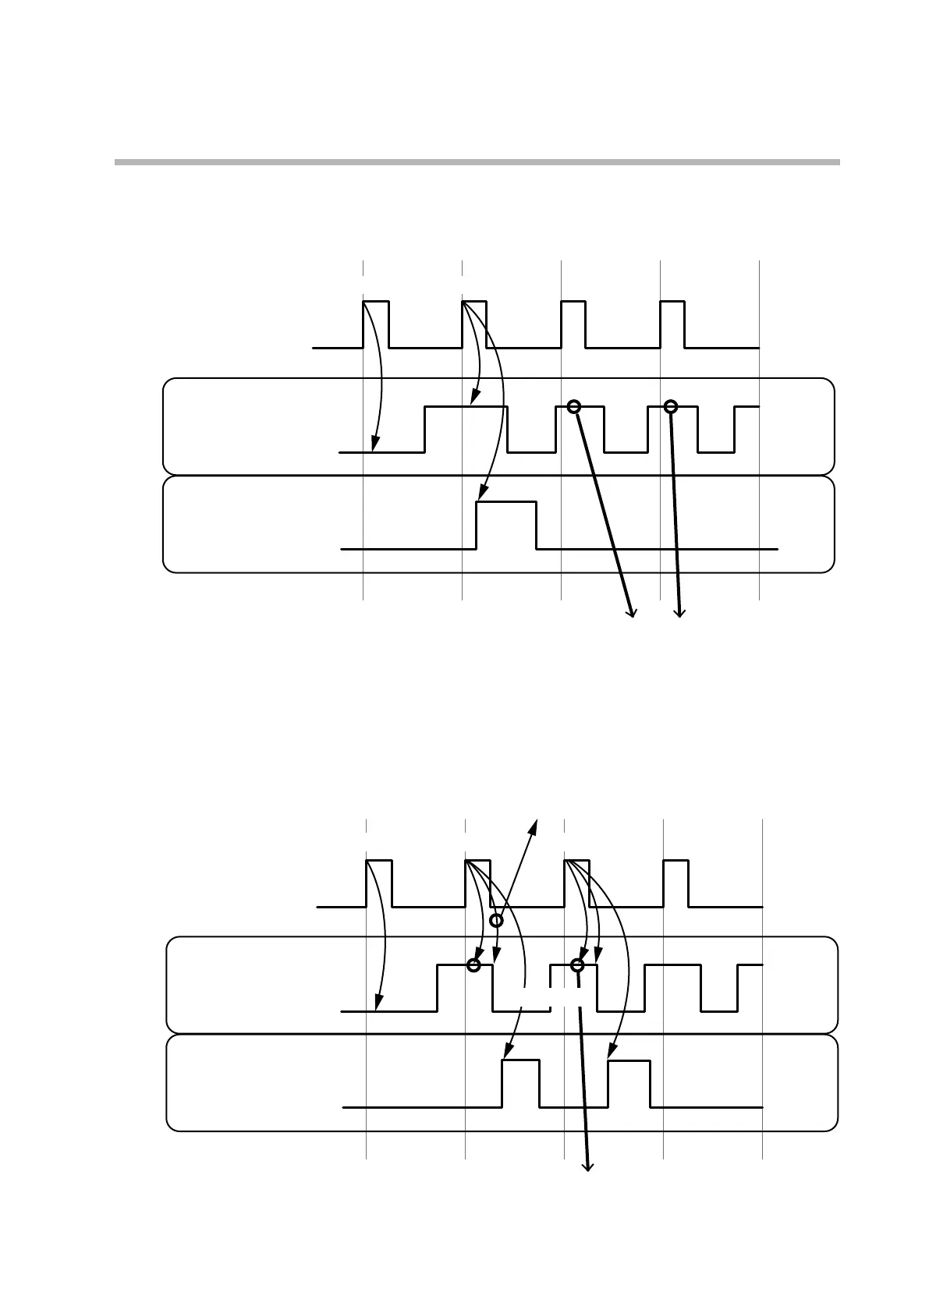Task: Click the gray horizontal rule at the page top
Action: (x=477, y=162)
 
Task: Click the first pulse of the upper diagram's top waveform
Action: (x=376, y=324)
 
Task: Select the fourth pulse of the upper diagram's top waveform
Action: (x=672, y=324)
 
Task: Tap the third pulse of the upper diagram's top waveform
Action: (x=573, y=324)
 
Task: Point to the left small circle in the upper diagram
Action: (x=574, y=406)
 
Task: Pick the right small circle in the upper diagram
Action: (x=670, y=406)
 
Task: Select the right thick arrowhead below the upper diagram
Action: (x=679, y=614)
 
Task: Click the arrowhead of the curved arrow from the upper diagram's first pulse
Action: (x=375, y=448)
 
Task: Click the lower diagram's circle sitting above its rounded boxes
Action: (x=496, y=921)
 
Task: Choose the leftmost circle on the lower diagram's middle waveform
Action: (x=473, y=965)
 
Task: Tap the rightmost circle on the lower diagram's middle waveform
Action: (x=577, y=965)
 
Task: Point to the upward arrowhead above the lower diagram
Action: (x=536, y=823)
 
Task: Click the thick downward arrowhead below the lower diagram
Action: (x=588, y=1166)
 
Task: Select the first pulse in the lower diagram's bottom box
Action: (x=520, y=1083)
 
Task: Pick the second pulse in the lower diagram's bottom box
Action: (x=629, y=1083)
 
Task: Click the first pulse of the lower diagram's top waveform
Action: (x=379, y=883)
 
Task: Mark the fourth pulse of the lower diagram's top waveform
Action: (x=675, y=883)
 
